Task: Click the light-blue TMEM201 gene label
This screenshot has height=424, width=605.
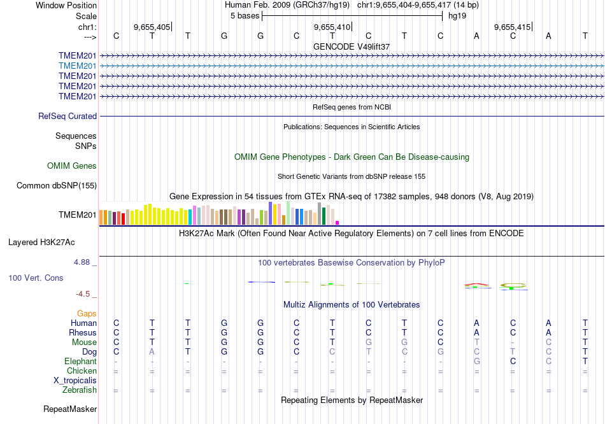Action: pyautogui.click(x=78, y=66)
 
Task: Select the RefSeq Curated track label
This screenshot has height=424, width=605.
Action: pyautogui.click(x=68, y=116)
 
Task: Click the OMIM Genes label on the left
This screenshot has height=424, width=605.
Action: pyautogui.click(x=72, y=166)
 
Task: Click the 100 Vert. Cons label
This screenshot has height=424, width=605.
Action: pyautogui.click(x=36, y=278)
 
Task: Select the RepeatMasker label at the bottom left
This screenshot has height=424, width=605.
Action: pyautogui.click(x=70, y=409)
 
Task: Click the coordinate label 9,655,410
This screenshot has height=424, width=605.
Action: pyautogui.click(x=332, y=27)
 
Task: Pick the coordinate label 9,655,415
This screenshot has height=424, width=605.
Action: pyautogui.click(x=512, y=27)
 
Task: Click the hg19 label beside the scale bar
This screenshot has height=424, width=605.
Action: pyautogui.click(x=457, y=15)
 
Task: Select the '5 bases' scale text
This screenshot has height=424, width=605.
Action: pyautogui.click(x=245, y=15)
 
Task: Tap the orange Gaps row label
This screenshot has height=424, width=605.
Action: pyautogui.click(x=87, y=313)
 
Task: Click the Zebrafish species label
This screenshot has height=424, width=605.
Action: pyautogui.click(x=80, y=390)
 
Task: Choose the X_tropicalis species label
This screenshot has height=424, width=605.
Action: pyautogui.click(x=76, y=380)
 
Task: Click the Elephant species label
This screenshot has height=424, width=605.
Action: pyautogui.click(x=80, y=361)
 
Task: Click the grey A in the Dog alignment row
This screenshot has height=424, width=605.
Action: pyautogui.click(x=152, y=351)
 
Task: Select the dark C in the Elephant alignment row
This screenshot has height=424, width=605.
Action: pyautogui.click(x=513, y=361)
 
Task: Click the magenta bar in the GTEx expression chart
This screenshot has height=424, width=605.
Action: pyautogui.click(x=338, y=222)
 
